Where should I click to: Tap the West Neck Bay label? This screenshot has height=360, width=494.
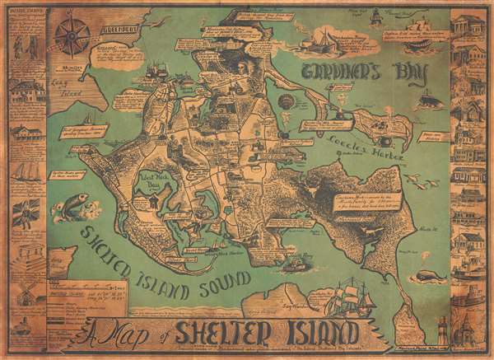[155, 179]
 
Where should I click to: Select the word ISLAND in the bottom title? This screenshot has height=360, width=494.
[323, 335]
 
